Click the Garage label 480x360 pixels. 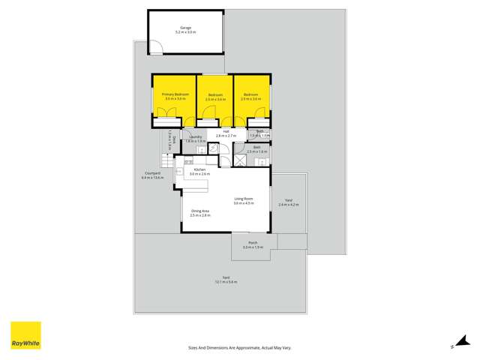pos(185,28)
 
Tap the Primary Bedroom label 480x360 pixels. pos(175,94)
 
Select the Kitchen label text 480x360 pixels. pos(199,169)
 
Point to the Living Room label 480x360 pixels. pos(243,199)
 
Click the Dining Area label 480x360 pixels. pos(199,211)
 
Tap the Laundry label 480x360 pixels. pos(195,137)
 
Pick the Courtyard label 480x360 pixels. pos(152,174)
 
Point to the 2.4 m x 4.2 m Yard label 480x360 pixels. pos(289,205)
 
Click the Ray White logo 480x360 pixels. pos(25,335)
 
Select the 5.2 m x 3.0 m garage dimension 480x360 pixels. pos(185,32)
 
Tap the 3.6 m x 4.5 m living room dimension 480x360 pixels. pos(243,203)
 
